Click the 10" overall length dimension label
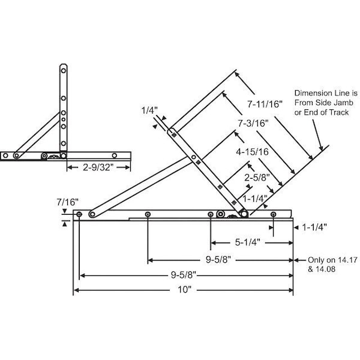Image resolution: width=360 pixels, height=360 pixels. (184, 290)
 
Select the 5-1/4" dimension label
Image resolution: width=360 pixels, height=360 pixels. (247, 242)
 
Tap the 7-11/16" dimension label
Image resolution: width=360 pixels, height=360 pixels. (265, 104)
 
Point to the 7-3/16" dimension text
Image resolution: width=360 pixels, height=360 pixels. (253, 124)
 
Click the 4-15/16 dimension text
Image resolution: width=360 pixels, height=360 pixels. (253, 152)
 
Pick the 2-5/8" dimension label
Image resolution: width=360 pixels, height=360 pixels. (257, 178)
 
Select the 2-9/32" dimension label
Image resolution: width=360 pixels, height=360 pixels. (98, 167)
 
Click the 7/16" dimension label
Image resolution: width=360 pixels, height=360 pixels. (67, 202)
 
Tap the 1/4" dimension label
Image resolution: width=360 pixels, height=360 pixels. (149, 110)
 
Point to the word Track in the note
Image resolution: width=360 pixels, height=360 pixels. (339, 112)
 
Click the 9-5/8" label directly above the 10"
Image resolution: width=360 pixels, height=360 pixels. (184, 275)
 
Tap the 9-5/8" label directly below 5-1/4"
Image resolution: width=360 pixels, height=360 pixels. (218, 260)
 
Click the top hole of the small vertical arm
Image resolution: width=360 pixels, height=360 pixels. (64, 70)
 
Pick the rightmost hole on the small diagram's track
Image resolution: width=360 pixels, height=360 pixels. (115, 155)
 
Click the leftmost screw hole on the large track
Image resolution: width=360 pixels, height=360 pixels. (79, 214)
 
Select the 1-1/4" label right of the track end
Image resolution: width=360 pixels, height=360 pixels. (314, 227)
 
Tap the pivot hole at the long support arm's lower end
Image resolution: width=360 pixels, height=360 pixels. (92, 214)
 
